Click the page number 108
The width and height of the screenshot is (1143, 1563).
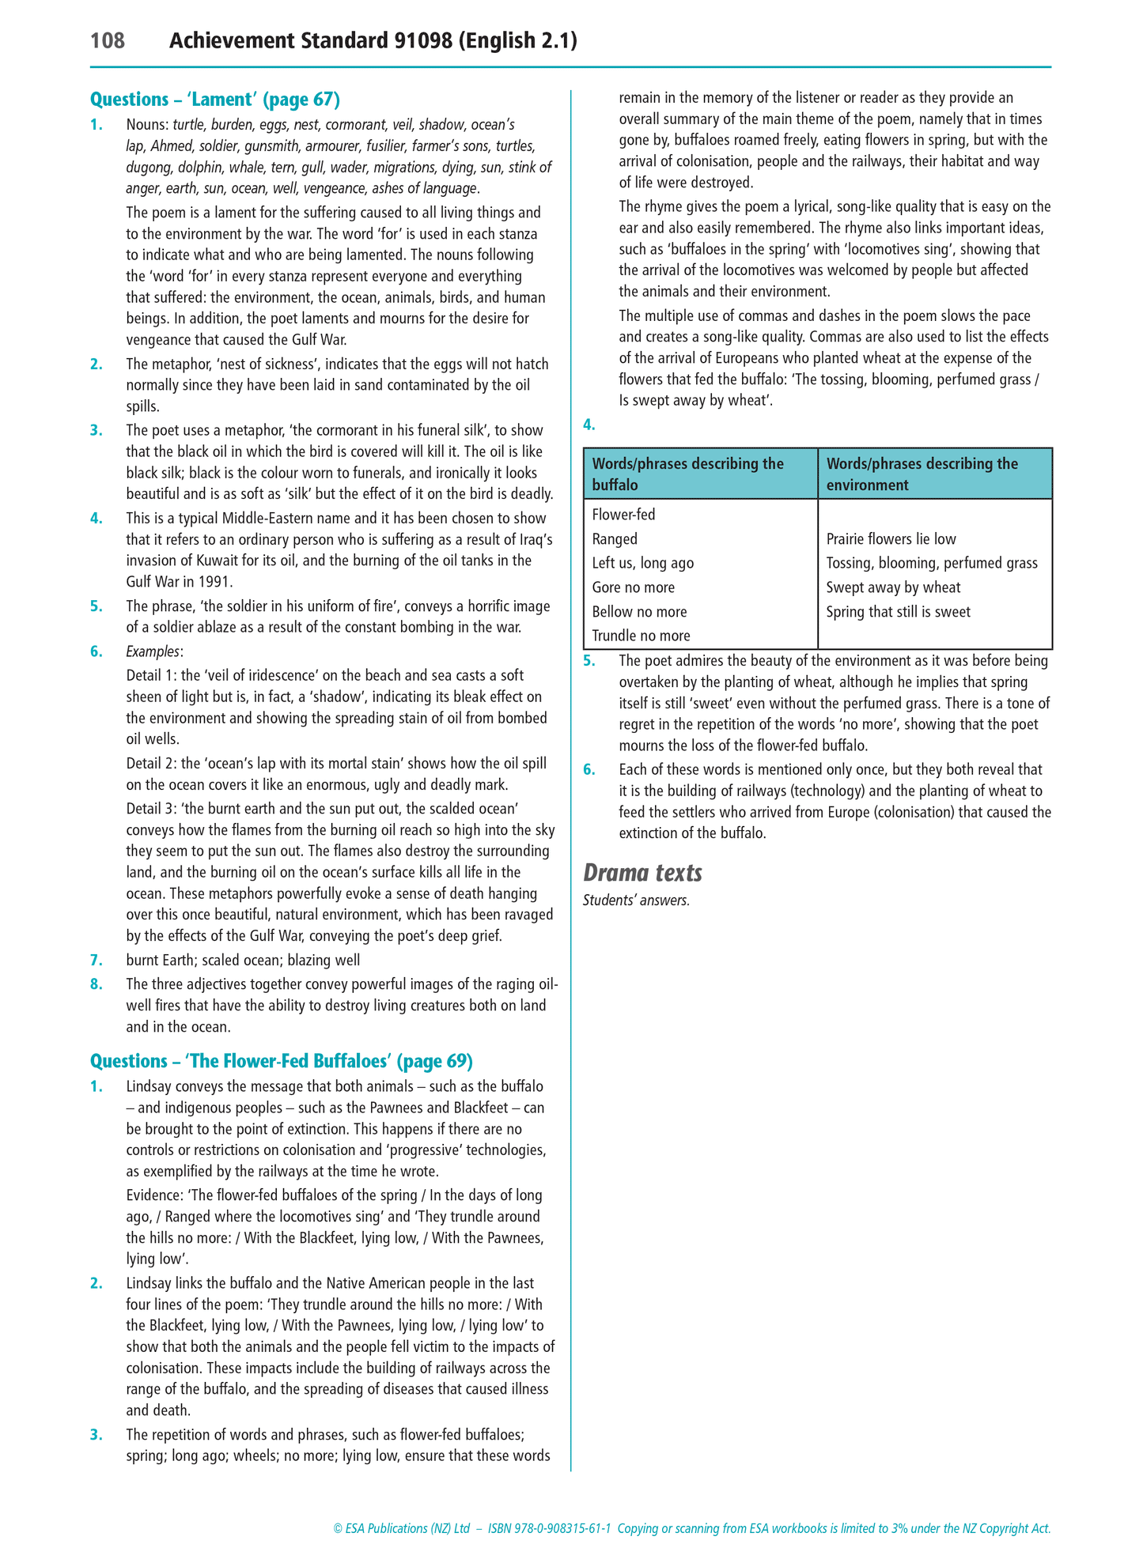108,41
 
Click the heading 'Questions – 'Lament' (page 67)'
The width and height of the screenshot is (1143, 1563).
215,100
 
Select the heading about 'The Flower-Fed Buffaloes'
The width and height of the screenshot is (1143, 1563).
282,1061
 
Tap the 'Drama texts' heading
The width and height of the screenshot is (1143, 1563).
642,873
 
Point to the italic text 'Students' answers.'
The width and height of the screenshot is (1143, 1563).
636,900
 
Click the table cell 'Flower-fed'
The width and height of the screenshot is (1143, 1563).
623,515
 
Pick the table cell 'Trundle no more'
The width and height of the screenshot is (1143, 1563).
641,636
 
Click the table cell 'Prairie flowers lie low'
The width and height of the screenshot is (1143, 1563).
891,539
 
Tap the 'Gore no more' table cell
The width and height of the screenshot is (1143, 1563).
633,587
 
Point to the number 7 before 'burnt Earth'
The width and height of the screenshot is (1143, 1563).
96,961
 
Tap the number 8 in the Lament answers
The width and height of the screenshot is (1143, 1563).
96,984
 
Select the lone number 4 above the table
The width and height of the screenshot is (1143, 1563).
588,425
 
